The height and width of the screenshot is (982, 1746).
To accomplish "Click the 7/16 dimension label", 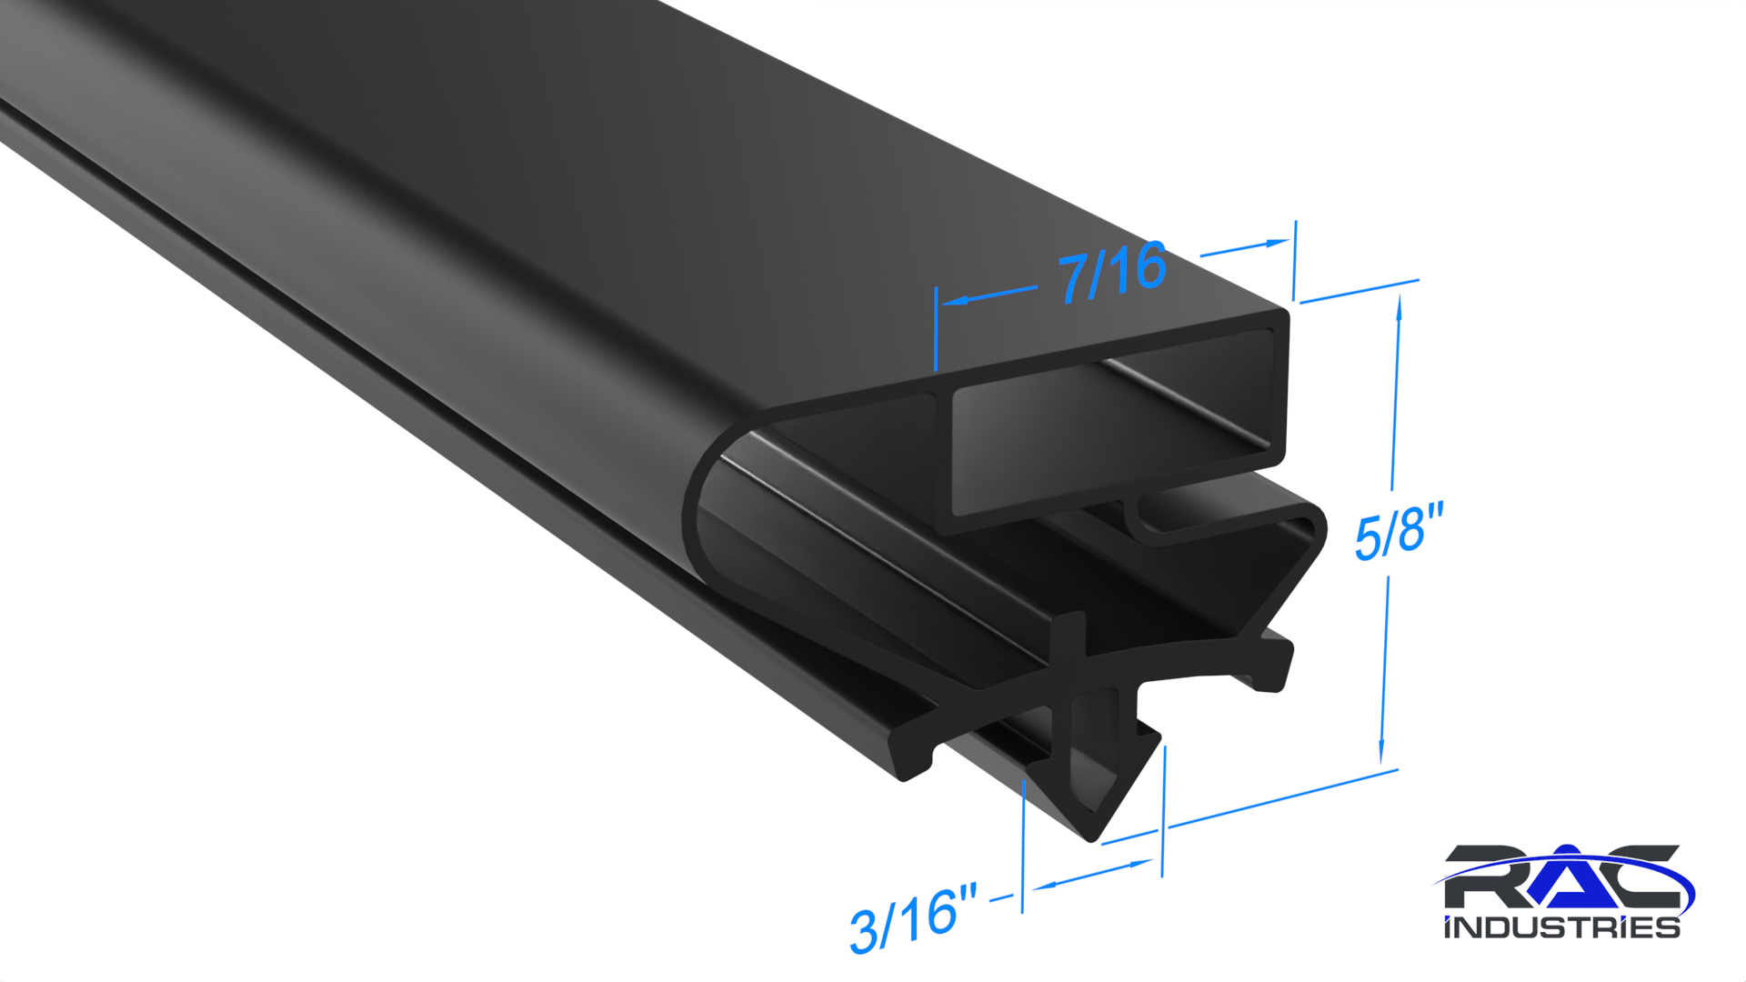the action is (1111, 271).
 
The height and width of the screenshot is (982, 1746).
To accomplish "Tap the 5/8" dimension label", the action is (1399, 531).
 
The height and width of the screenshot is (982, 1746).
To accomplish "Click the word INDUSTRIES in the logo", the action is (1561, 927).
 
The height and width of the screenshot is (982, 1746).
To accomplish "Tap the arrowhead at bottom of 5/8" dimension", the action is (1381, 752).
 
